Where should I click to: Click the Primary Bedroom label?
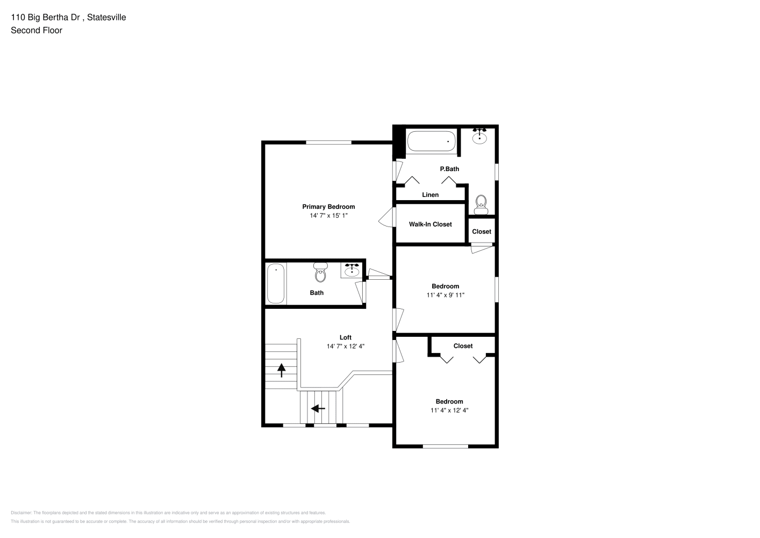tap(328, 207)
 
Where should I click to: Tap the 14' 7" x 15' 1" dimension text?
tap(328, 215)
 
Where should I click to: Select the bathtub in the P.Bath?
tap(431, 141)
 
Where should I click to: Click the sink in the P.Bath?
tap(479, 136)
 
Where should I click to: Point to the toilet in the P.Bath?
tap(481, 205)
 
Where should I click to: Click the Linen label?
tap(430, 195)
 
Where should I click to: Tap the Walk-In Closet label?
tap(430, 224)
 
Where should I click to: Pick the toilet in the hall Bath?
tap(321, 272)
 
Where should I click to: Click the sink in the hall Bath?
tap(352, 270)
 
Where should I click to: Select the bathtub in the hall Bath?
tap(276, 284)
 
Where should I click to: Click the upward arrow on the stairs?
tap(281, 370)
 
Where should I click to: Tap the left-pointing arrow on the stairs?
tap(318, 408)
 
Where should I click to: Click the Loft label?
tap(346, 337)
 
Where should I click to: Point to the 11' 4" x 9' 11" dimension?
tap(446, 295)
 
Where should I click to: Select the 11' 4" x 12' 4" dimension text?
tap(449, 410)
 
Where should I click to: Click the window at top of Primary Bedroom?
tap(328, 143)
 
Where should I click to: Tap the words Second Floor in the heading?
tap(37, 30)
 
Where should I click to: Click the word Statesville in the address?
tap(106, 17)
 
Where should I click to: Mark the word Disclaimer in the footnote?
tap(21, 513)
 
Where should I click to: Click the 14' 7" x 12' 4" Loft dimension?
tap(346, 346)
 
